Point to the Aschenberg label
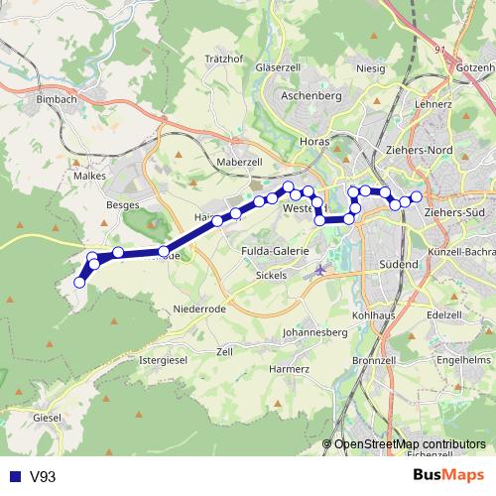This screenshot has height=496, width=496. point(310,96)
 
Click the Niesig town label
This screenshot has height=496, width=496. point(370,69)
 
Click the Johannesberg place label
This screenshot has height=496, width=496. point(313,332)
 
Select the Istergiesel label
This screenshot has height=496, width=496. point(164,358)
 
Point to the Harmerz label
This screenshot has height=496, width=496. point(289,369)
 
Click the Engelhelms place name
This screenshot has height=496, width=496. point(464,358)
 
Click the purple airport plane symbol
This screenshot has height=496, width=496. point(319,269)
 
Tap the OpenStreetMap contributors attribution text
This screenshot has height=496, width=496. point(410,443)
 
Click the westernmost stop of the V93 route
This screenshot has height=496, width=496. point(79,282)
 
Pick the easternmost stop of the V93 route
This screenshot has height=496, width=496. point(417,197)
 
